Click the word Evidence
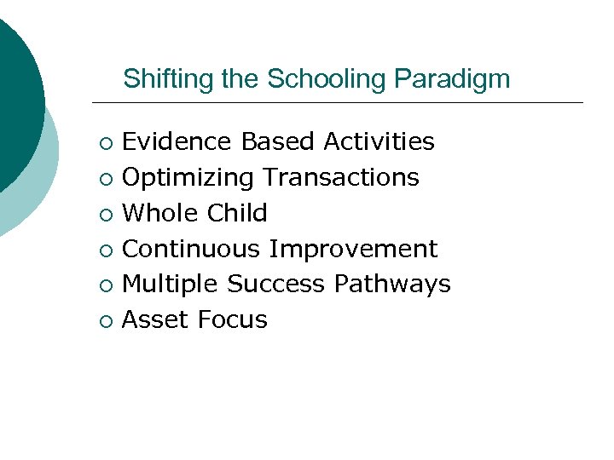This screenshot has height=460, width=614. pos(178,141)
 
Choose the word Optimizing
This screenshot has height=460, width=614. pos(188,177)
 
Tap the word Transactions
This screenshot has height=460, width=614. pos(341,177)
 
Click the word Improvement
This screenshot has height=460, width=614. pos(353,249)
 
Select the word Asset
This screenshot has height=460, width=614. pos(156,319)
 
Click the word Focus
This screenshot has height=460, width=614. pos(232,319)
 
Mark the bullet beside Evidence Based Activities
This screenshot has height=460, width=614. pos(104,143)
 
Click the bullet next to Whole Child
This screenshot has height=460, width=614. pos(104,215)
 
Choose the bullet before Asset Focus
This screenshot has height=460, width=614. pos(104,321)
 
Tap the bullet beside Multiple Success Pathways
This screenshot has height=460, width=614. pos(104,285)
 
